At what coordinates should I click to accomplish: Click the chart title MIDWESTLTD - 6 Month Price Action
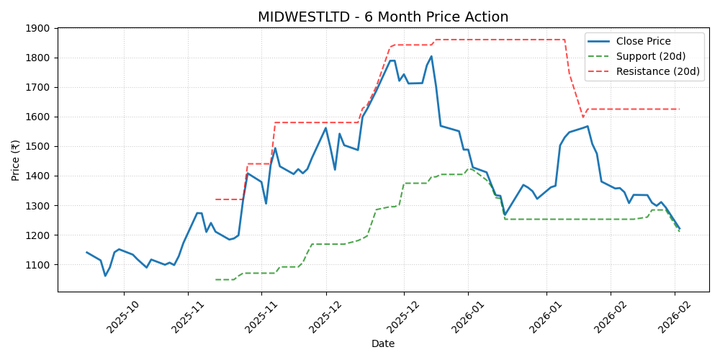(x=383, y=17)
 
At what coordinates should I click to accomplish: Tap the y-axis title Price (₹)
(x=16, y=160)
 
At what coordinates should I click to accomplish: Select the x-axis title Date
(x=383, y=343)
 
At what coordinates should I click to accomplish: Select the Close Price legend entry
(x=643, y=41)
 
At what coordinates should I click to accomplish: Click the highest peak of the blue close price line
(x=431, y=56)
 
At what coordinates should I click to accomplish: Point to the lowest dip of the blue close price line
(x=105, y=276)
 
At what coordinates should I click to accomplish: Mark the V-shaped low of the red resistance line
(x=583, y=117)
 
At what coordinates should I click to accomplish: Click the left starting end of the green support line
(x=215, y=279)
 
